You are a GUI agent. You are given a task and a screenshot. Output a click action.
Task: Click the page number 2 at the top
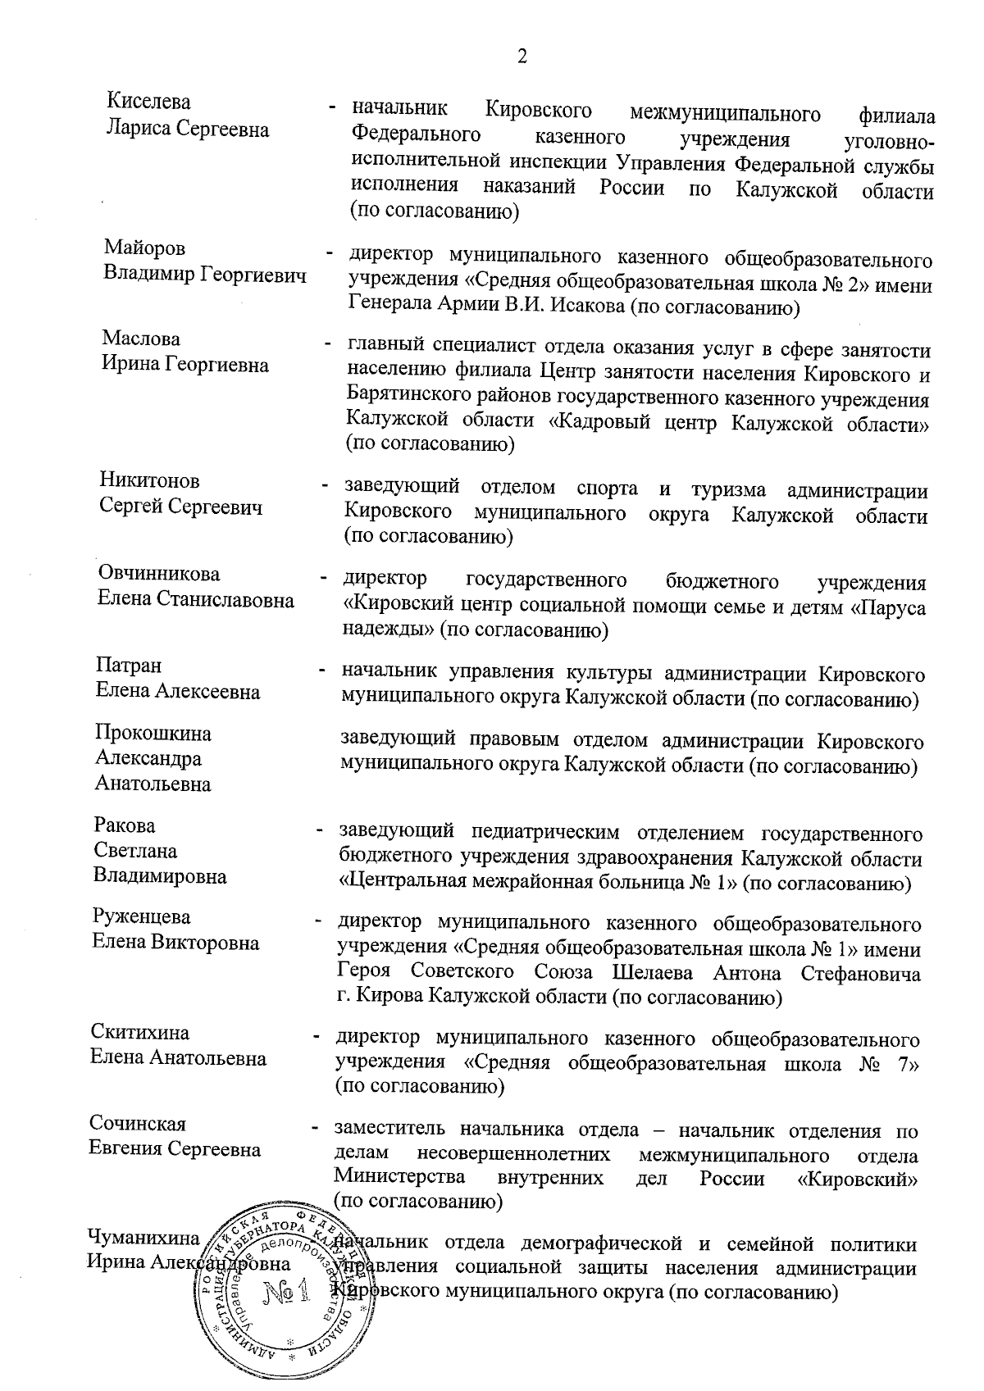[522, 57]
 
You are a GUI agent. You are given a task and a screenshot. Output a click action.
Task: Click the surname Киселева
[148, 102]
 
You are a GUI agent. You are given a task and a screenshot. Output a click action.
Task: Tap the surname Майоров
[144, 248]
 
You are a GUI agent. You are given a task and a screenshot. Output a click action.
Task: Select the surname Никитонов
[150, 480]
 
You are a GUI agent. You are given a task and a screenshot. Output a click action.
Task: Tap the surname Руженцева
[142, 916]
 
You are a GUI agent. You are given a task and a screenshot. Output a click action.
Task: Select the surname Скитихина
[140, 1032]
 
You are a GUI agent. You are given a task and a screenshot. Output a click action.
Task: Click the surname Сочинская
[138, 1124]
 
